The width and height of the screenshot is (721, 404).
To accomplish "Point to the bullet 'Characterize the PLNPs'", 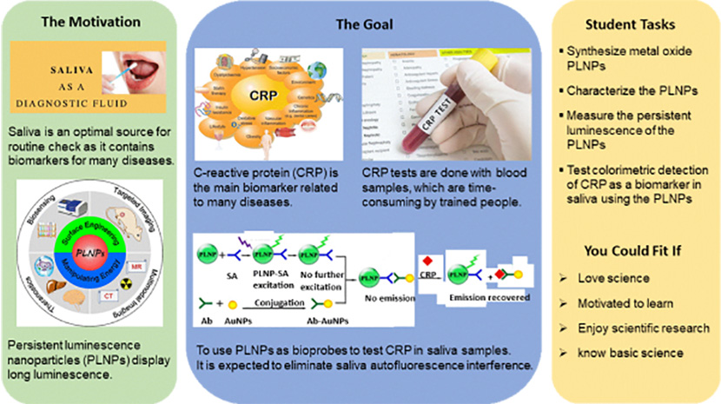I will (x=622, y=89).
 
